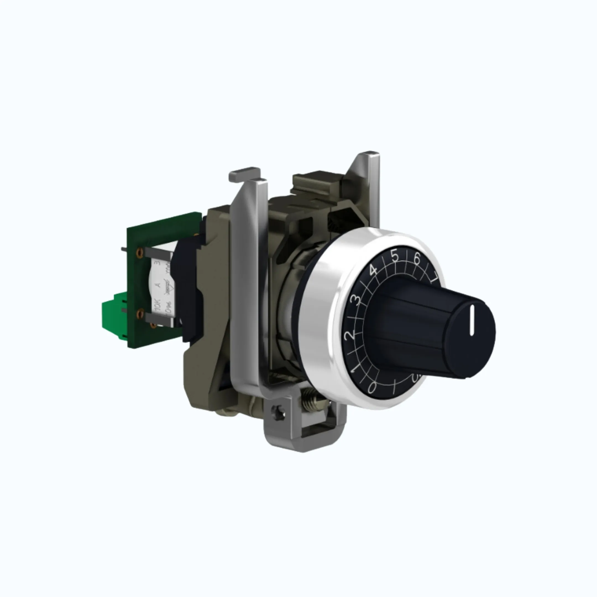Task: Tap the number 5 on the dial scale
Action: pos(395,256)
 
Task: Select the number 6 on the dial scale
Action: pos(417,258)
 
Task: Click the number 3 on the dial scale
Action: pos(356,300)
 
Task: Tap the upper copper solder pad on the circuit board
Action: pos(140,252)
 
